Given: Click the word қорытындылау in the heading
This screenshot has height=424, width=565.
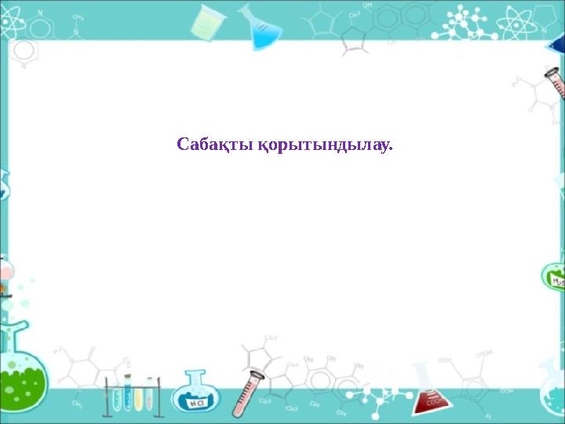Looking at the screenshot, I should coord(323,146).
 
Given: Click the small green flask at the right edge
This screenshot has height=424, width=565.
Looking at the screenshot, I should coord(554,278).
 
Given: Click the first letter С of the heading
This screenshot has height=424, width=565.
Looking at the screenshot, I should coord(183,145).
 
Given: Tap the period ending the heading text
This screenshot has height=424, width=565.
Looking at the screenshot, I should coord(390,150).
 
